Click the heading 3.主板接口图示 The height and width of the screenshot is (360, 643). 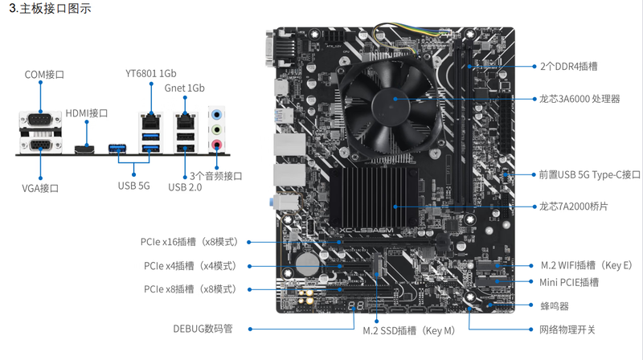pyautogui.click(x=50, y=10)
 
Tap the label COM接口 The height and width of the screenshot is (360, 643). pyautogui.click(x=44, y=74)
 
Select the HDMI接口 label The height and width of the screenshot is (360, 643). pyautogui.click(x=87, y=113)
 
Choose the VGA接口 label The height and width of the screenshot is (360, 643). pyautogui.click(x=40, y=188)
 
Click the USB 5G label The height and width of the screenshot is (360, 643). pyautogui.click(x=133, y=186)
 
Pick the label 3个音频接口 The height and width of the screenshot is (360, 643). pyautogui.click(x=216, y=175)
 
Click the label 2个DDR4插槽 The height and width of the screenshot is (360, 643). pyautogui.click(x=568, y=66)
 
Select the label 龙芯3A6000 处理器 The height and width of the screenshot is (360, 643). pyautogui.click(x=580, y=99)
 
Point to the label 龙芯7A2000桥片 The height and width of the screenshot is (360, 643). pyautogui.click(x=574, y=207)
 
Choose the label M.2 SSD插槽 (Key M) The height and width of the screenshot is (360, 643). pyautogui.click(x=408, y=330)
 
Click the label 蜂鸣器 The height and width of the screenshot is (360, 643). pyautogui.click(x=555, y=305)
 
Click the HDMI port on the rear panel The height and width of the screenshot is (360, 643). pyautogui.click(x=86, y=149)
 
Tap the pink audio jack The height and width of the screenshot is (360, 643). pyautogui.click(x=215, y=145)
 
